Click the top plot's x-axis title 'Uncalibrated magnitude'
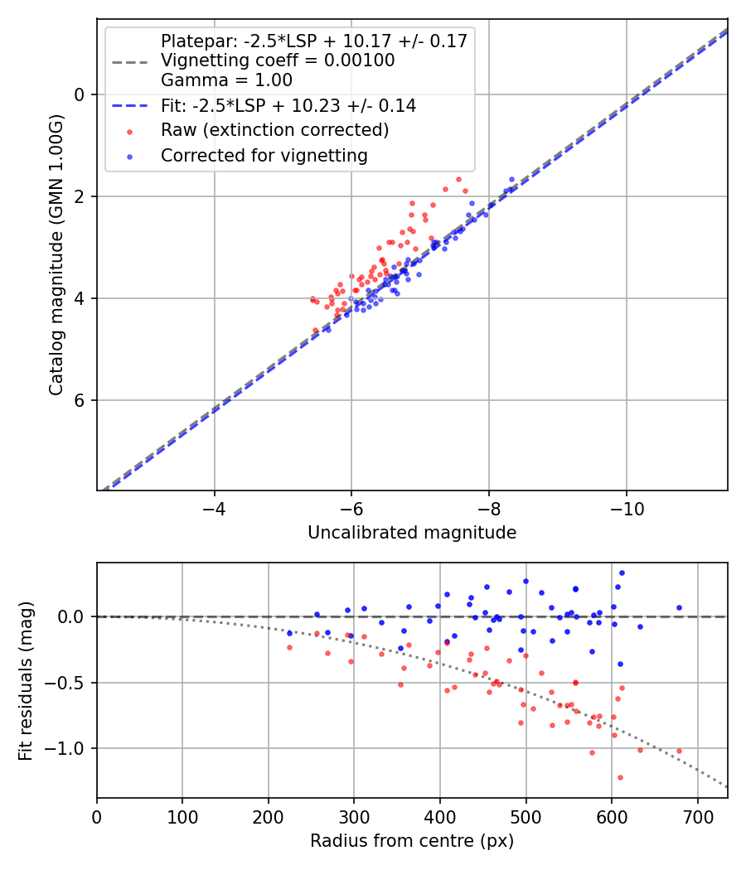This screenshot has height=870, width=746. pyautogui.click(x=412, y=533)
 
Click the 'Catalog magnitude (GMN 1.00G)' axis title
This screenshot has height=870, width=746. pyautogui.click(x=56, y=254)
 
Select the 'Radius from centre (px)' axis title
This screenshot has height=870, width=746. pyautogui.click(x=412, y=841)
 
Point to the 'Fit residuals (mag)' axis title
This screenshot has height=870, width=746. pyautogui.click(x=26, y=681)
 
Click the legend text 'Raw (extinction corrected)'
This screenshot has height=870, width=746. pyautogui.click(x=275, y=130)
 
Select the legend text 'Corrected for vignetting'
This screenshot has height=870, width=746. pyautogui.click(x=264, y=155)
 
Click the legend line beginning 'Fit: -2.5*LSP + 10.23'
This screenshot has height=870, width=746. pyautogui.click(x=288, y=105)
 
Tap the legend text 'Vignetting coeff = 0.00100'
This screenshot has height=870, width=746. pyautogui.click(x=278, y=60)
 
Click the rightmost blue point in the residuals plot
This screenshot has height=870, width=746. pyautogui.click(x=679, y=607)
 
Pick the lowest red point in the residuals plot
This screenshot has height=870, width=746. pyautogui.click(x=620, y=777)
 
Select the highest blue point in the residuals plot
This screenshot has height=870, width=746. pyautogui.click(x=622, y=573)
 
